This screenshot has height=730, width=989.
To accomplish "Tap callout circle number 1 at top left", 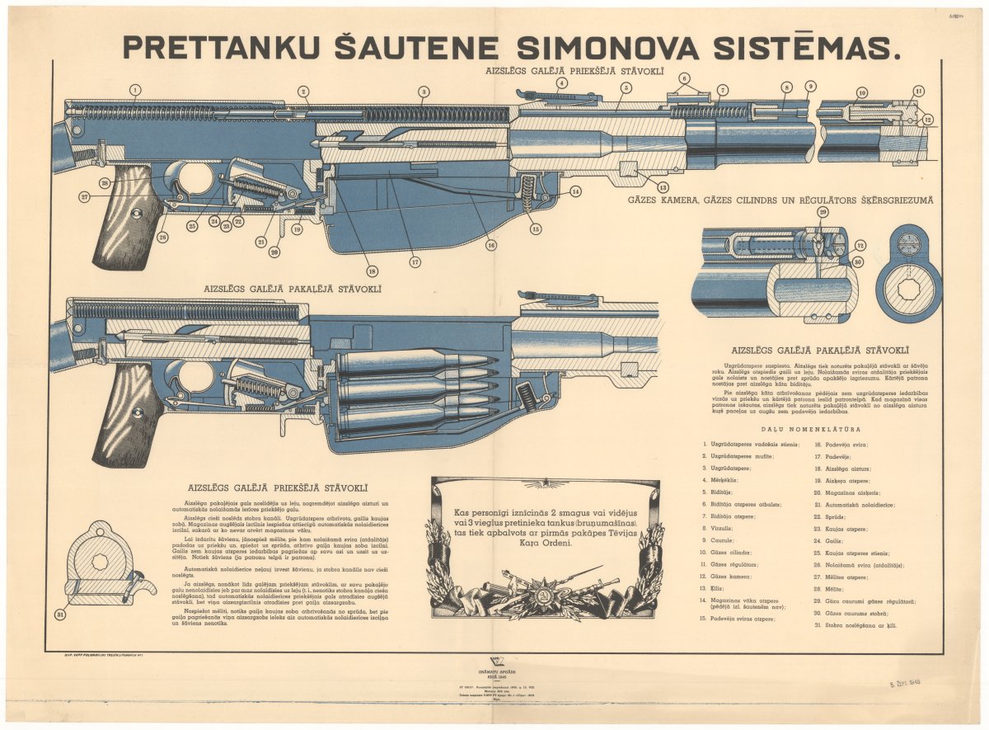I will [135, 90].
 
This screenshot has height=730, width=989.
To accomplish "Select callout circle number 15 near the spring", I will [536, 229].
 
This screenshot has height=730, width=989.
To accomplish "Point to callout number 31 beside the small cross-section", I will [60, 615].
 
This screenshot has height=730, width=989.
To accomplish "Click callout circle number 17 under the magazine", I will [414, 262].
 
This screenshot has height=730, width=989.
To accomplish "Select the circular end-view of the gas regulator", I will [908, 273].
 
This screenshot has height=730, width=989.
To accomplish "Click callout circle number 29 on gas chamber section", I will [822, 213].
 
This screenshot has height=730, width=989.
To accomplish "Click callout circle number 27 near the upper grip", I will [84, 196].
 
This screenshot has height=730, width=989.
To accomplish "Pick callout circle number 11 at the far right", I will [919, 91].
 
